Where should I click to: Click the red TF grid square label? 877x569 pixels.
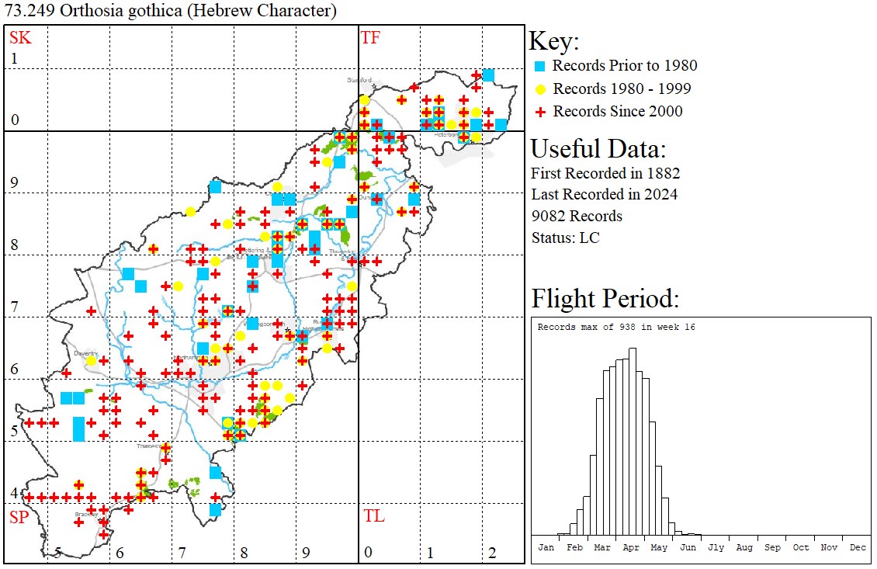(371, 37)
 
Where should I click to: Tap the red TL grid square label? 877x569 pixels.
(373, 516)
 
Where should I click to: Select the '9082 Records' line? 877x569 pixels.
(577, 216)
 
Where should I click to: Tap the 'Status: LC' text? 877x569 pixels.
(566, 238)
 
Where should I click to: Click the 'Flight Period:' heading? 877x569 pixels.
(605, 299)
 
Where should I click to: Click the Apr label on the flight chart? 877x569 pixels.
(630, 547)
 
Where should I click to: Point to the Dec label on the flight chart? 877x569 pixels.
(858, 547)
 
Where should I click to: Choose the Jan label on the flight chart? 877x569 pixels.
(546, 547)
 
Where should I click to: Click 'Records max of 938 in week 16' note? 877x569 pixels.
(616, 327)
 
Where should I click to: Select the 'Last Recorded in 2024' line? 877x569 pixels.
(604, 194)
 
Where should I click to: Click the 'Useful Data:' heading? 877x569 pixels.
(598, 148)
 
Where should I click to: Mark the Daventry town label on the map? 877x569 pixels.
(85, 353)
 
